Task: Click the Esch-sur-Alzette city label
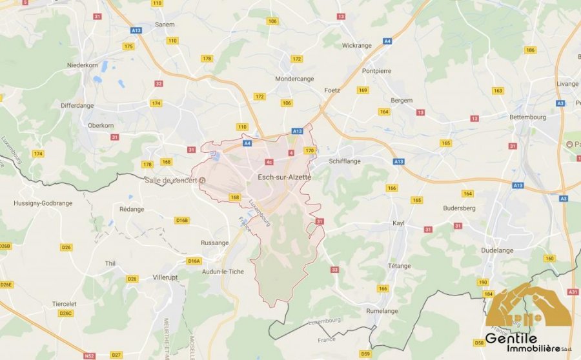pyautogui.click(x=284, y=177)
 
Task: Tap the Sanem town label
pyautogui.click(x=165, y=25)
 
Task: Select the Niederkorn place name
pyautogui.click(x=82, y=66)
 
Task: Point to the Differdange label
pyautogui.click(x=77, y=105)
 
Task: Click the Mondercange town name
pyautogui.click(x=294, y=79)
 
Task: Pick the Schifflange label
pyautogui.click(x=345, y=161)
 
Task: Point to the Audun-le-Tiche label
pyautogui.click(x=223, y=272)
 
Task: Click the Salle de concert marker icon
pyautogui.click(x=203, y=180)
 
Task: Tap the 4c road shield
pyautogui.click(x=269, y=162)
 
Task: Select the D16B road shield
pyautogui.click(x=182, y=220)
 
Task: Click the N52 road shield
pyautogui.click(x=88, y=355)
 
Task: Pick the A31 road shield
pyautogui.click(x=573, y=292)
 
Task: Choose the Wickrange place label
pyautogui.click(x=357, y=46)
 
